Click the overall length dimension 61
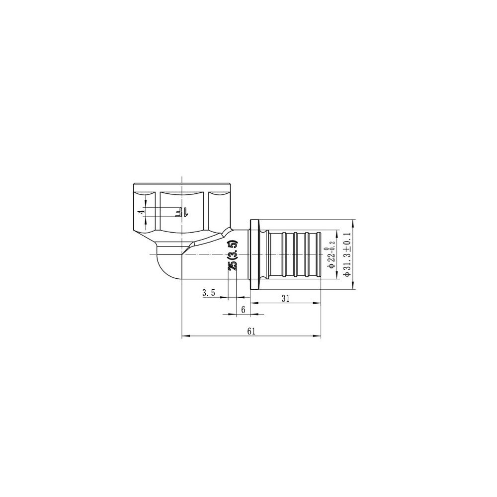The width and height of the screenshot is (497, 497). pyautogui.click(x=250, y=331)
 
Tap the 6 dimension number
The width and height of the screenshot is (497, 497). pyautogui.click(x=243, y=309)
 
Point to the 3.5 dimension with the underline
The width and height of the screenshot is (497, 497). pyautogui.click(x=208, y=293)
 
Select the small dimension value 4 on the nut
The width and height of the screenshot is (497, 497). pyautogui.click(x=141, y=212)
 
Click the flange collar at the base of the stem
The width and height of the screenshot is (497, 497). pyautogui.click(x=256, y=254)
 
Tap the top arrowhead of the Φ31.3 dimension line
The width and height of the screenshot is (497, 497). pyautogui.click(x=352, y=222)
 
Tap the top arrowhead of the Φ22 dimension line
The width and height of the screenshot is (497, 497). pyautogui.click(x=339, y=232)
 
